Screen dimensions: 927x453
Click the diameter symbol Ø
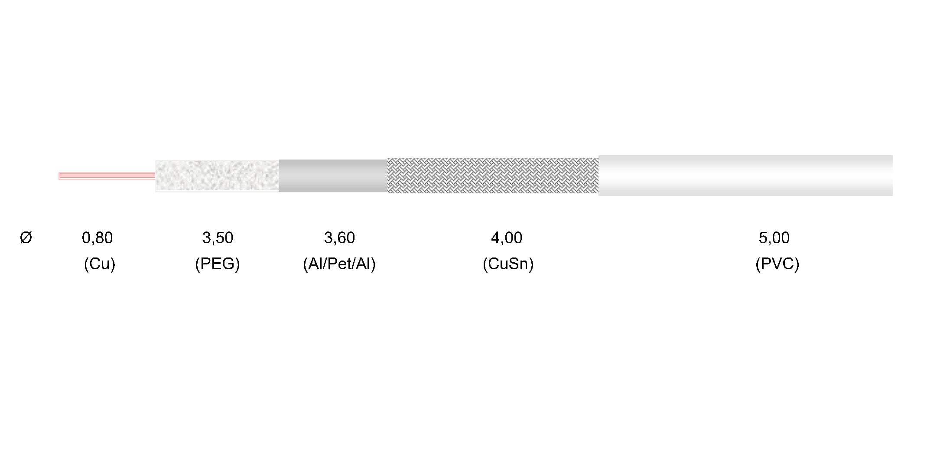(26, 238)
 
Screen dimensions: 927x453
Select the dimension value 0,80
(98, 238)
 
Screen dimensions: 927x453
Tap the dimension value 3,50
(218, 238)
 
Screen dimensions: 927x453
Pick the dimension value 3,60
(339, 238)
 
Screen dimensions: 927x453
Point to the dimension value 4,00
(507, 238)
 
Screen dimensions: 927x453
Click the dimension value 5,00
(774, 238)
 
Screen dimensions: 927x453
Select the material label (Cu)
(100, 264)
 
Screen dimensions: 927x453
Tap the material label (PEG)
(218, 264)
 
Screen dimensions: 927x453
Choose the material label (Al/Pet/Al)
(339, 264)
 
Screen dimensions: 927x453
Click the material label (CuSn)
(508, 264)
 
